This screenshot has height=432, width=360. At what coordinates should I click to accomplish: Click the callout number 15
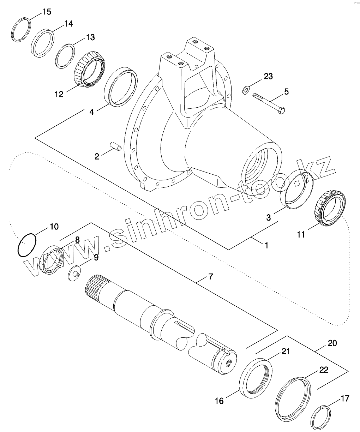[x=47, y=12]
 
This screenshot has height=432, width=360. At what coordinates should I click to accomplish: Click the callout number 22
[x=324, y=370]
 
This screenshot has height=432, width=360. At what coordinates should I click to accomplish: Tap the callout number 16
[x=219, y=401]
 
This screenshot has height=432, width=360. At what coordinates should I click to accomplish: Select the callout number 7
[x=211, y=277]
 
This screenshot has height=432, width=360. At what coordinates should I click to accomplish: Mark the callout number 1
[x=266, y=245]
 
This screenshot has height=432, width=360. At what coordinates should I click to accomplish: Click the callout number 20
[x=332, y=343]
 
